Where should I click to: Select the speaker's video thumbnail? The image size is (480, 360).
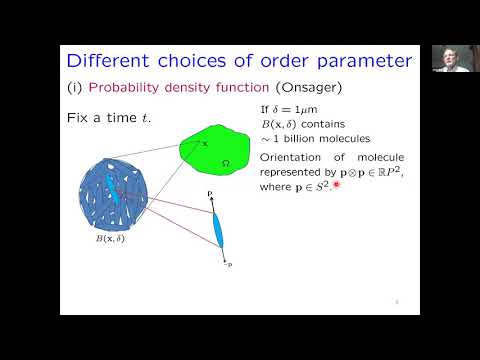(x=445, y=58)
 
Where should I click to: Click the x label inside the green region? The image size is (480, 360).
(x=204, y=143)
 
